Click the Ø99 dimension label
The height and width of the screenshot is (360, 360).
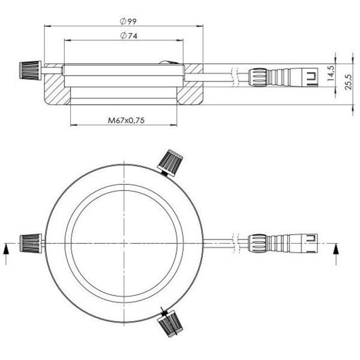128,21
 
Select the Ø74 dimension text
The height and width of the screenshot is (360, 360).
128,37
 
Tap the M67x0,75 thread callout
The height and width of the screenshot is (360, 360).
127,120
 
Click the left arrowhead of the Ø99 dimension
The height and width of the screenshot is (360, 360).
47,26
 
